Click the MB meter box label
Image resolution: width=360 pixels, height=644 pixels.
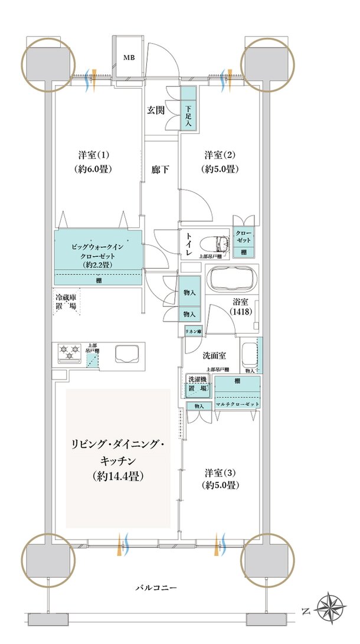click(129, 57)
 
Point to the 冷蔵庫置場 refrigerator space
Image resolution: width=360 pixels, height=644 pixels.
click(66, 303)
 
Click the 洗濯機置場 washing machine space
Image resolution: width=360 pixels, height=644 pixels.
click(197, 385)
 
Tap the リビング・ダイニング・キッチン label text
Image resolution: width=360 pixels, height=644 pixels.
click(118, 458)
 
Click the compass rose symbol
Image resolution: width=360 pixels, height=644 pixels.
click(330, 607)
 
